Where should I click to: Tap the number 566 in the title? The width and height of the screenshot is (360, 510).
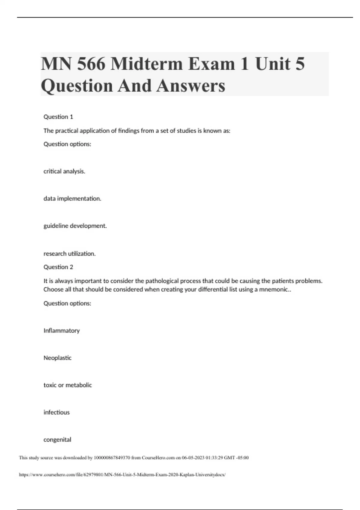point(91,64)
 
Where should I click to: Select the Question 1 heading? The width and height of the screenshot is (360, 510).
point(58,117)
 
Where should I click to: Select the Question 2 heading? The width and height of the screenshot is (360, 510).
point(58,267)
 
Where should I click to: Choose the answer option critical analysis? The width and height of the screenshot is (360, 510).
point(64,171)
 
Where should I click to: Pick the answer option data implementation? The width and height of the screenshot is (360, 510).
point(72,199)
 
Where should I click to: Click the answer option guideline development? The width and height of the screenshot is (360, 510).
point(75,226)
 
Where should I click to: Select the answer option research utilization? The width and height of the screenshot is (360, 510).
point(70,254)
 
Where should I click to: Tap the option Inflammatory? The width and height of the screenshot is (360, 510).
point(61,331)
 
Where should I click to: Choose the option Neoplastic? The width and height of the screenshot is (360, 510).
point(58,358)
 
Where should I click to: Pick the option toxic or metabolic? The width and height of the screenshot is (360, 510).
point(67,385)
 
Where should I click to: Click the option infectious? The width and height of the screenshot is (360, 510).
point(56,412)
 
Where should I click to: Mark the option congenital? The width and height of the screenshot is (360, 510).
point(57,440)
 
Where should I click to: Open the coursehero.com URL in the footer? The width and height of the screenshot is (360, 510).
point(122,475)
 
